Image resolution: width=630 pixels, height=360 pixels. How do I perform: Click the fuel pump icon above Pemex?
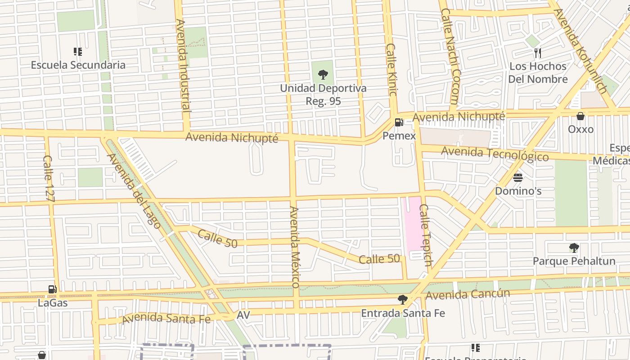click(399, 122)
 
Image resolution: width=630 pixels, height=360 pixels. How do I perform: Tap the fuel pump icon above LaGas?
click(53, 289)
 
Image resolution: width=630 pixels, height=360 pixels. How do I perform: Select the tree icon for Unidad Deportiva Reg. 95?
click(323, 75)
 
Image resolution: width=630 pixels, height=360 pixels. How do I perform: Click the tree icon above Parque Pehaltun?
click(574, 247)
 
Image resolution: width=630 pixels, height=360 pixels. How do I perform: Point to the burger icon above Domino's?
click(518, 177)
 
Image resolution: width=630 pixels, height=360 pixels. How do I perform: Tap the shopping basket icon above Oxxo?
click(580, 116)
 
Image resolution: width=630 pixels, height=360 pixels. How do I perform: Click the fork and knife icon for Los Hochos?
click(538, 53)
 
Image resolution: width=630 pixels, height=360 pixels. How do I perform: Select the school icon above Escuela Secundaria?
click(78, 52)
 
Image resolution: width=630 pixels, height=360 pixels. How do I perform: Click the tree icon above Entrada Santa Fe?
click(403, 300)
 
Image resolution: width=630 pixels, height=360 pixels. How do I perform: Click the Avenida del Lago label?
click(134, 191)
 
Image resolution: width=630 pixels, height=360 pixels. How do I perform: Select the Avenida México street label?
click(295, 247)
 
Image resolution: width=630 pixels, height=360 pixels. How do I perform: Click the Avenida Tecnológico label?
click(495, 153)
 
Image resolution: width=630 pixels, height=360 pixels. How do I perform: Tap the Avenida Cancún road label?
click(468, 295)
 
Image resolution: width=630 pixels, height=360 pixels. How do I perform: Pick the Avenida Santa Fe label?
click(166, 318)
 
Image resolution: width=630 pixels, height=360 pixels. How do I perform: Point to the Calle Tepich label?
click(426, 235)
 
